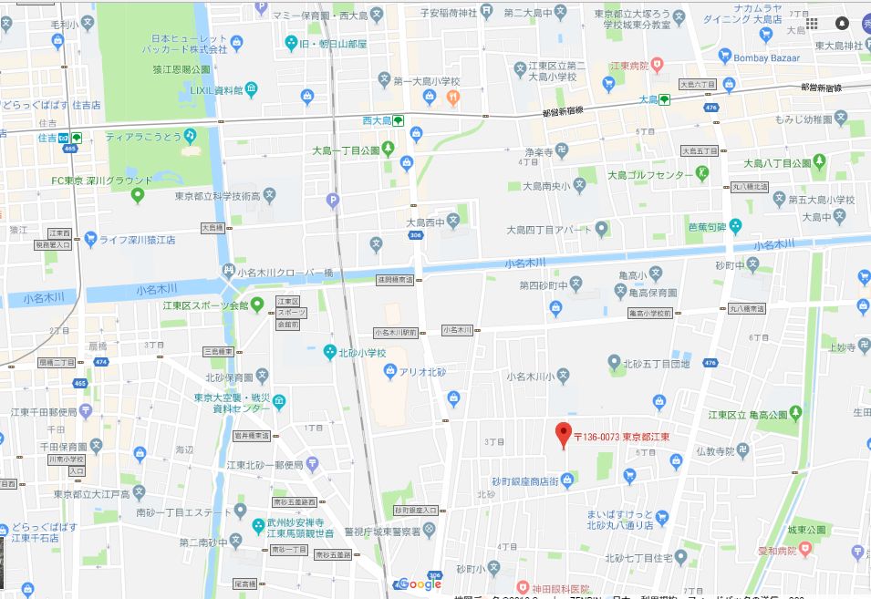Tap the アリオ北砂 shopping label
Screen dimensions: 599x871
tap(422, 370)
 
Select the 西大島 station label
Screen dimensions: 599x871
tap(377, 120)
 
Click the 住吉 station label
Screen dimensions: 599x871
tap(49, 138)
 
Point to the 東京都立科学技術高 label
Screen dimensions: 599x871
tap(218, 196)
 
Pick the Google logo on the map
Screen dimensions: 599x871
tap(420, 584)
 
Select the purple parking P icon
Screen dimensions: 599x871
tap(332, 200)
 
